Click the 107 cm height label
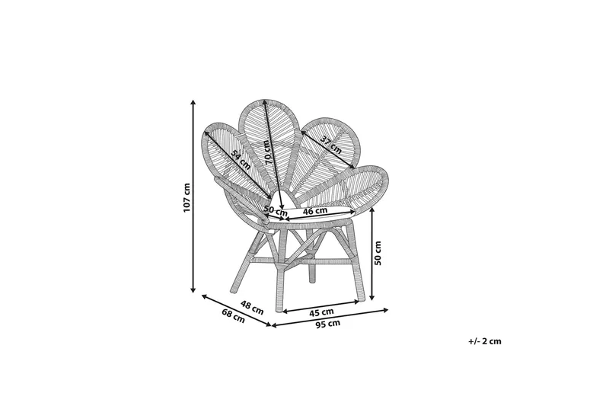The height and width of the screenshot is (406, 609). click(x=187, y=197)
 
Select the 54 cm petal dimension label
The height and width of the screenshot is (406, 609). click(x=240, y=159)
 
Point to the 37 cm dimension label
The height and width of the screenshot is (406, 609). click(x=331, y=145)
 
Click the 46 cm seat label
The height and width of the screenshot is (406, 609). click(x=315, y=211)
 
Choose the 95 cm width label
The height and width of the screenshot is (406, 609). click(x=328, y=324)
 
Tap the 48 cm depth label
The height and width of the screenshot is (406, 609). click(x=252, y=307)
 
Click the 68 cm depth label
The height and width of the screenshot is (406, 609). click(x=234, y=315)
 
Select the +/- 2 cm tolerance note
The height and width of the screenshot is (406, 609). click(x=485, y=341)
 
